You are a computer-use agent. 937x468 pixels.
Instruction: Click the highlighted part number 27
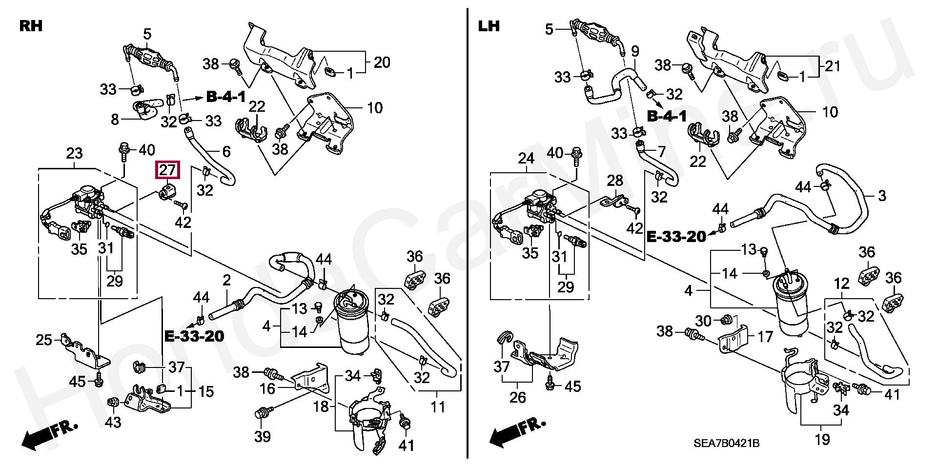point(167,170)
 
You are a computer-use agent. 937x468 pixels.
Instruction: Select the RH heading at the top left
point(31,26)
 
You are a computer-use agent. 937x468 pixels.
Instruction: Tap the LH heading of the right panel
point(489,26)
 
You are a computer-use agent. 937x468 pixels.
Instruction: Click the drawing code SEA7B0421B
point(726,443)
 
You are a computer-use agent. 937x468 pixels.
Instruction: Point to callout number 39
point(263,436)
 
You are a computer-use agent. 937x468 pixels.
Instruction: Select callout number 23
point(74,154)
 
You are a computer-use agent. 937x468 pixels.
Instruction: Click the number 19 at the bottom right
point(822,439)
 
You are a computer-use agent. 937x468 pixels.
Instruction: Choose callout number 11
point(438,406)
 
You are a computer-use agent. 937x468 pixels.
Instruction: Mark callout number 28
point(615,181)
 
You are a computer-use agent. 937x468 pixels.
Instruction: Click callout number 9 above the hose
point(635,51)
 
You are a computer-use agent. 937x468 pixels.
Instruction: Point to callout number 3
point(881,196)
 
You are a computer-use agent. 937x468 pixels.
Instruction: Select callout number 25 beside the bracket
point(44,340)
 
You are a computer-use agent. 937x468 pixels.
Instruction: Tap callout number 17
point(765,336)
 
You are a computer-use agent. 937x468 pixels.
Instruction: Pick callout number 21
point(833,65)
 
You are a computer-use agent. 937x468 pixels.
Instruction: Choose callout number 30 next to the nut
point(703,321)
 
